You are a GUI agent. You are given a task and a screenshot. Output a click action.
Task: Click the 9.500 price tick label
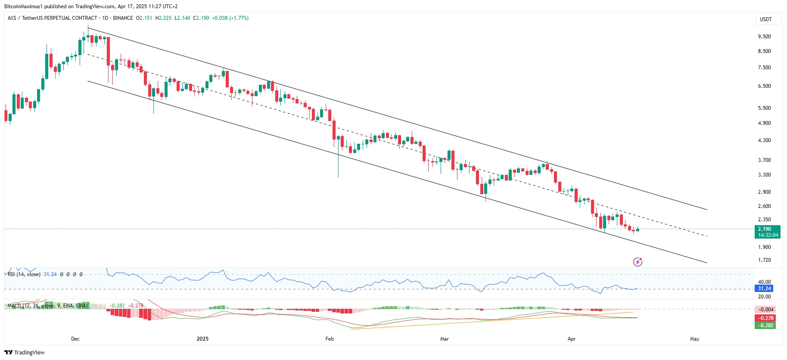(764, 37)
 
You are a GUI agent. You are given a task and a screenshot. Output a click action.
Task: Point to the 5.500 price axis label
(764, 108)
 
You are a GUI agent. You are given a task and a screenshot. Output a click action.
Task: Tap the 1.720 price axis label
(764, 260)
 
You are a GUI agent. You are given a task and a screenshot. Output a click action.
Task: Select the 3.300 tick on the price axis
(764, 175)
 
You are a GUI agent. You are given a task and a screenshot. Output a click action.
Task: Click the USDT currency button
(765, 19)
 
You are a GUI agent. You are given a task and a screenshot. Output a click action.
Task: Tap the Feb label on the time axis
(330, 339)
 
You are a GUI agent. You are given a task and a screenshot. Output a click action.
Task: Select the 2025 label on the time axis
(202, 339)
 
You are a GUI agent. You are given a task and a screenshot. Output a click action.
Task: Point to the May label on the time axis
(694, 339)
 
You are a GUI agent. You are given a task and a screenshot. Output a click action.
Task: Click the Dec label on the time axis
(75, 339)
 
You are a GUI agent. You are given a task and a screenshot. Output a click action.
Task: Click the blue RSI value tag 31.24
(764, 289)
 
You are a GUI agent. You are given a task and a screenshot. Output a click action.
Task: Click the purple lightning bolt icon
(638, 262)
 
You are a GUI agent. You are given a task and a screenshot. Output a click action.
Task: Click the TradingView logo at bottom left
(25, 352)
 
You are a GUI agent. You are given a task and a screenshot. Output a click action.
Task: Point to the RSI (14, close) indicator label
(24, 274)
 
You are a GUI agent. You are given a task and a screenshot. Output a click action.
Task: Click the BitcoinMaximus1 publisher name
(24, 6)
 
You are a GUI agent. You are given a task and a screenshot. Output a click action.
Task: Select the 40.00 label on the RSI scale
(764, 282)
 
